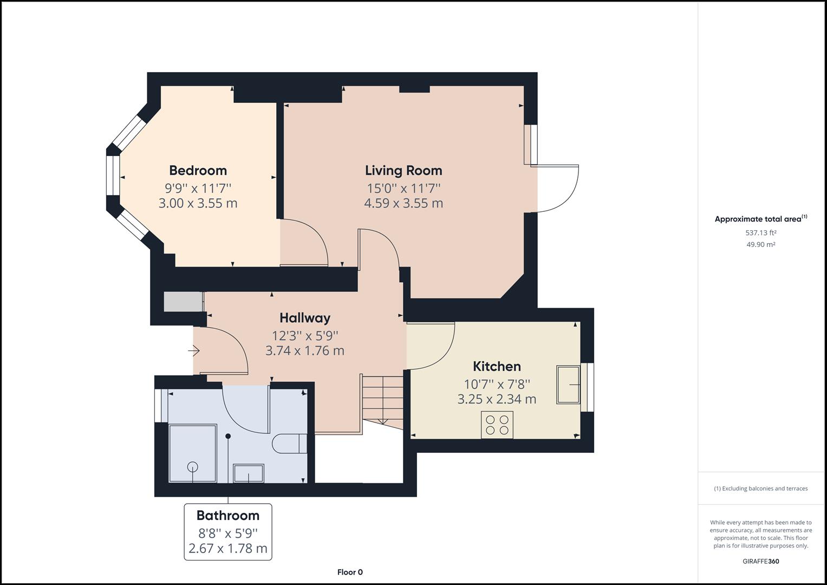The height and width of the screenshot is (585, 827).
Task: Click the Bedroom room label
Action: pos(198,171)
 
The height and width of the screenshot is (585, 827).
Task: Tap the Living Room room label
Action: pos(403,171)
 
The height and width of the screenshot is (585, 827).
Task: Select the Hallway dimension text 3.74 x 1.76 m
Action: pos(304,350)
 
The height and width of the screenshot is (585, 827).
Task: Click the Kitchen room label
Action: pos(497,366)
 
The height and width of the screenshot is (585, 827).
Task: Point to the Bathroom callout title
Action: pos(227,515)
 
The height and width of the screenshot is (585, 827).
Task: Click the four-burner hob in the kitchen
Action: pos(497,425)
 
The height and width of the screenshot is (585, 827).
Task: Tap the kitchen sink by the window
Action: pos(568,385)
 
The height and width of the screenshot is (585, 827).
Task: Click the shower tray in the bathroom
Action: pos(193,453)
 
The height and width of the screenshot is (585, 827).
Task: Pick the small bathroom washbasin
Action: pos(249,473)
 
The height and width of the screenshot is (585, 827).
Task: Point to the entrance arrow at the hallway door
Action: pos(194,351)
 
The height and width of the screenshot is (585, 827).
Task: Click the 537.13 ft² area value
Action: pos(760,233)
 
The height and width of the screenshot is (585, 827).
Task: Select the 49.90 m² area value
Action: pos(760,244)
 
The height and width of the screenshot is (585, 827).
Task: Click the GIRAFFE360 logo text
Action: pos(760,561)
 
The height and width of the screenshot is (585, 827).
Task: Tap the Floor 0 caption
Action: pos(350,572)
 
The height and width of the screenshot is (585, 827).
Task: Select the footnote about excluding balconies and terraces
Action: pos(760,489)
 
